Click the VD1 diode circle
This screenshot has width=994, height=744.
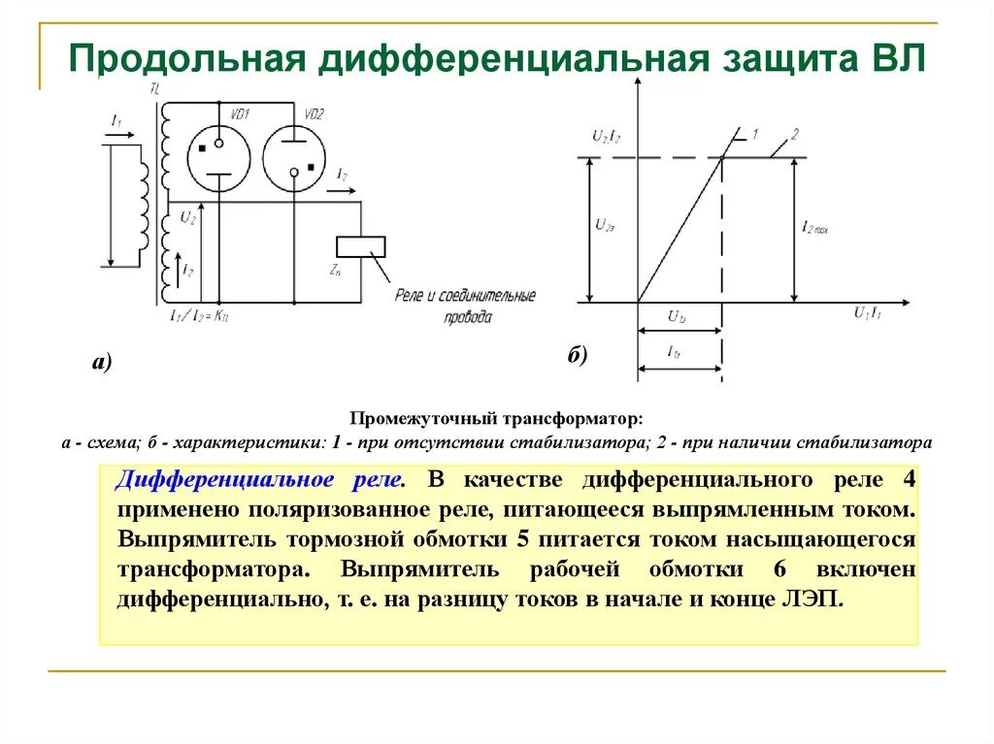click(x=217, y=157)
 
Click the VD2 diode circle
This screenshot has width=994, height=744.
click(x=293, y=157)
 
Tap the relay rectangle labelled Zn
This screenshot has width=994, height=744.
click(x=360, y=246)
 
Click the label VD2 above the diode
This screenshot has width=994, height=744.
click(x=314, y=113)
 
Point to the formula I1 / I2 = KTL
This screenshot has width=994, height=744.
click(x=199, y=315)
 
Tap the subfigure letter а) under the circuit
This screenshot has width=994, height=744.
click(x=103, y=363)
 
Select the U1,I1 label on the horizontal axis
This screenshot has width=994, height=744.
click(x=868, y=312)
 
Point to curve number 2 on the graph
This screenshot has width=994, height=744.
click(x=794, y=134)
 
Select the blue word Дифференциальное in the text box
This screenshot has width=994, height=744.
click(x=227, y=480)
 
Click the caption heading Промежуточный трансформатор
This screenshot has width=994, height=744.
click(x=496, y=420)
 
